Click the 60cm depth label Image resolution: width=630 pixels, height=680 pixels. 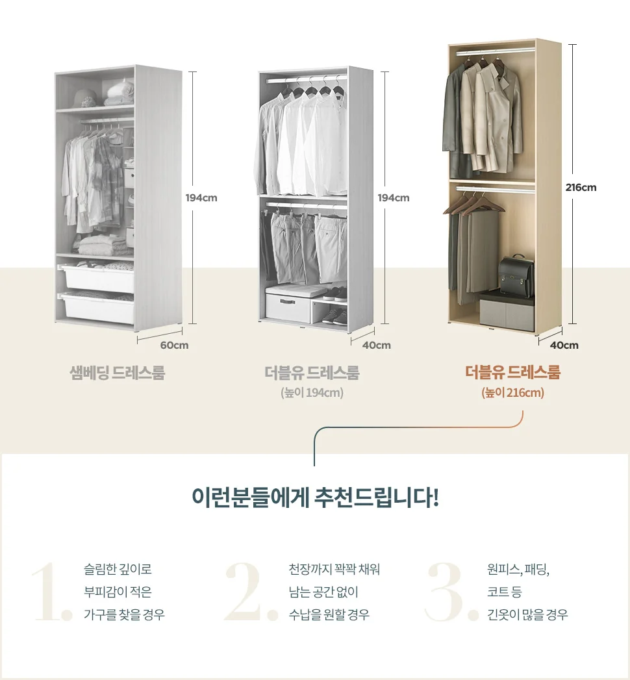[174, 346]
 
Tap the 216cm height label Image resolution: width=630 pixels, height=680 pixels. [581, 187]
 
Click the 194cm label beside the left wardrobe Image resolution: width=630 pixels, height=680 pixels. [201, 197]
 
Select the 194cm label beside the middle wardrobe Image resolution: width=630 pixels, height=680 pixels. [393, 197]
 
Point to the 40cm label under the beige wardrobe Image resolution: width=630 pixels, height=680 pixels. [564, 346]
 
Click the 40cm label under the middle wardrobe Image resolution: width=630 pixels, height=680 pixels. [376, 346]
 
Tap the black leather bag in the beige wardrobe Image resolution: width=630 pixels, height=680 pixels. [516, 276]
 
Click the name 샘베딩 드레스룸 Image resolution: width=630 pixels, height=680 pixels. [118, 373]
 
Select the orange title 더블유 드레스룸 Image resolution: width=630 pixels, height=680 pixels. [513, 372]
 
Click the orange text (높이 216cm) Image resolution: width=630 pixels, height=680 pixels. [512, 393]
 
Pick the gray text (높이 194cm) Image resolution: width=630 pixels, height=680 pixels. [312, 393]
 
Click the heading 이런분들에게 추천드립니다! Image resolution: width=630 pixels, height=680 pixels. [315, 497]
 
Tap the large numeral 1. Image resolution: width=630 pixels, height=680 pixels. [52, 592]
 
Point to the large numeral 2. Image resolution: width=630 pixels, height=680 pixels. [251, 592]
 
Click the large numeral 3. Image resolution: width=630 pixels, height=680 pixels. [451, 592]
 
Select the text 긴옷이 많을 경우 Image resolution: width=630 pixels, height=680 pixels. [527, 614]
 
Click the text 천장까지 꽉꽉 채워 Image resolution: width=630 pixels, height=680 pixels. [334, 569]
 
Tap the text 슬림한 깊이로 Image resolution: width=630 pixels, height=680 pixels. [118, 569]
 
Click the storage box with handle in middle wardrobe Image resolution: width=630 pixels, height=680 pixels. [288, 307]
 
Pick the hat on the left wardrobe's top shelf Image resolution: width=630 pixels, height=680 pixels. [84, 99]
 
